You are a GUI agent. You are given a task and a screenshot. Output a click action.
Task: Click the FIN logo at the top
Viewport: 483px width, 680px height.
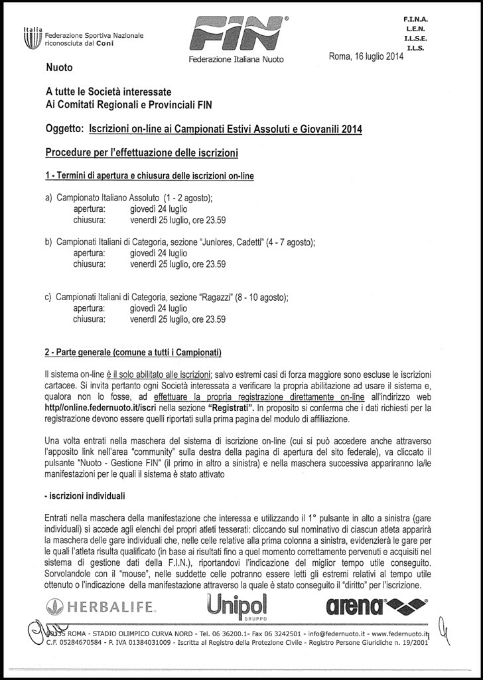pyautogui.click(x=236, y=33)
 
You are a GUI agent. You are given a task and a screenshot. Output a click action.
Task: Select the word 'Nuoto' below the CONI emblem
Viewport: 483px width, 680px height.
pyautogui.click(x=59, y=68)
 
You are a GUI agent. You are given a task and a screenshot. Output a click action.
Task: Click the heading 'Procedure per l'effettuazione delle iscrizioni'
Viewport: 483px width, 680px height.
pyautogui.click(x=141, y=153)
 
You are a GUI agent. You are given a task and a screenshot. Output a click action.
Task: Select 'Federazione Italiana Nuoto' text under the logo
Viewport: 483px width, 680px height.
pyautogui.click(x=236, y=59)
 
